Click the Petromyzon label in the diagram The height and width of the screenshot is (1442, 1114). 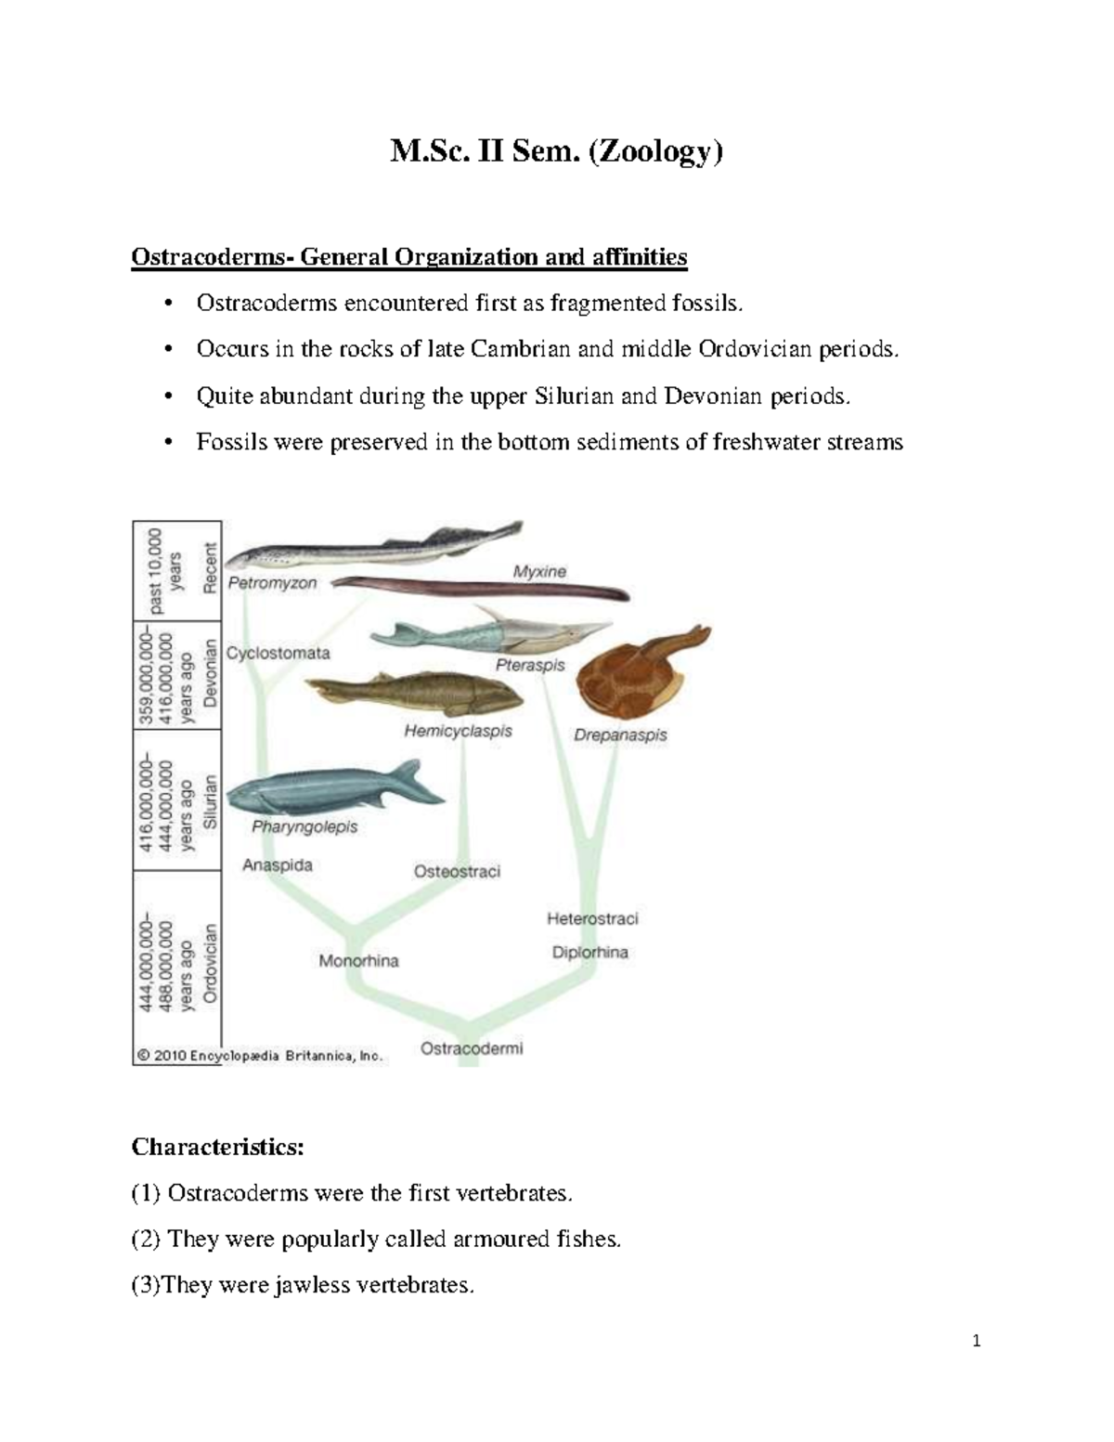(x=272, y=584)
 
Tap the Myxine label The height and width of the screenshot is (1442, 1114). (x=539, y=572)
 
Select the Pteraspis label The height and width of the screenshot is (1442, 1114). (x=530, y=666)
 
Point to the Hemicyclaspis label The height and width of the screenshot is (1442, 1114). (x=458, y=731)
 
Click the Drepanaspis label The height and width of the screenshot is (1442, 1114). (x=620, y=734)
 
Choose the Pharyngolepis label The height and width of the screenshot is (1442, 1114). (x=304, y=826)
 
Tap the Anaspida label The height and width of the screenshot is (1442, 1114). (x=277, y=865)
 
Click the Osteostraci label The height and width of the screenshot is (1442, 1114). (x=457, y=871)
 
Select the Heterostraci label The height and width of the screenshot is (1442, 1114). (x=592, y=919)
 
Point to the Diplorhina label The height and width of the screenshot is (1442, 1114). (x=589, y=952)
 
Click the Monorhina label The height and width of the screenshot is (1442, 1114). (x=358, y=961)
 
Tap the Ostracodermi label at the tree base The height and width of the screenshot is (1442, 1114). (x=472, y=1048)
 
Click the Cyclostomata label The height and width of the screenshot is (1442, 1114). (x=278, y=653)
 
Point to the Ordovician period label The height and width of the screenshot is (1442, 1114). (x=211, y=962)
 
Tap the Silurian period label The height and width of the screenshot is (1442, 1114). (x=211, y=800)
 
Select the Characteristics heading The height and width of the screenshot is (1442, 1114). (x=217, y=1147)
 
